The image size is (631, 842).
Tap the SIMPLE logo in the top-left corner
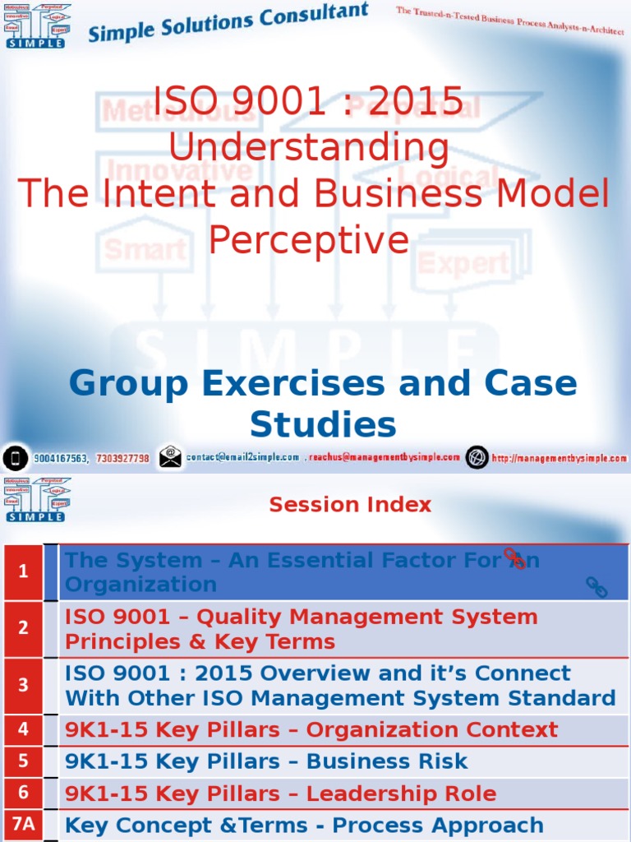coord(37,25)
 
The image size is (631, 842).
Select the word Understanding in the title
coord(309,149)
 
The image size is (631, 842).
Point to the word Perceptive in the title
coord(308,239)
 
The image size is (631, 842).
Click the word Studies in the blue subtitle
coord(323,425)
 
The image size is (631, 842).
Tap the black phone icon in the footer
coord(15,457)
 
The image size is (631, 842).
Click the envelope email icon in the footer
coord(170,456)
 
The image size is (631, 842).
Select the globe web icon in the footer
coord(477,457)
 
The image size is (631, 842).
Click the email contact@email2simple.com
coord(243,457)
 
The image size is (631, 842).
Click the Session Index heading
coord(350,505)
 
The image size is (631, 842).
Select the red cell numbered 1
coord(24,571)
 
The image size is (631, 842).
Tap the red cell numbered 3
coord(24,685)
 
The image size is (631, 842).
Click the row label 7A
coord(24,825)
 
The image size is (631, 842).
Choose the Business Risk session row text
coord(266,761)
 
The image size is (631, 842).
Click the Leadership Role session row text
coord(281,793)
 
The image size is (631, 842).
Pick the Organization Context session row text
coord(311,729)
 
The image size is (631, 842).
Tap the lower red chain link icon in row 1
coord(596,587)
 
